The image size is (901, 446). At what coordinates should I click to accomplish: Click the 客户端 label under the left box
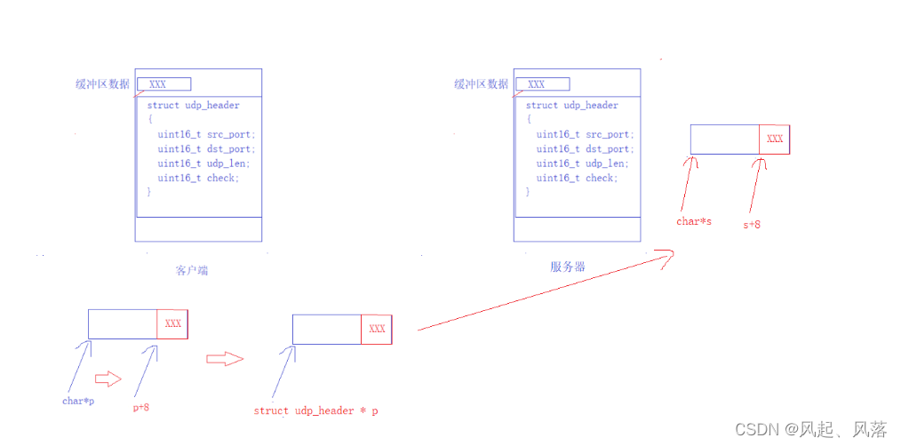[x=191, y=270]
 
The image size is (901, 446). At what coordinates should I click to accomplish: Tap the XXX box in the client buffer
[x=164, y=84]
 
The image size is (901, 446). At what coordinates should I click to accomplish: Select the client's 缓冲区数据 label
[x=102, y=84]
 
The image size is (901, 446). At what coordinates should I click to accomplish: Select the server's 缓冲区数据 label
[x=481, y=84]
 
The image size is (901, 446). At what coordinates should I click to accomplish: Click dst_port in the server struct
[x=609, y=149]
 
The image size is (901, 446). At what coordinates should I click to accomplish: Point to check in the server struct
[x=601, y=178]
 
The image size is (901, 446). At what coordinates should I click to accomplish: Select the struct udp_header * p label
[x=316, y=410]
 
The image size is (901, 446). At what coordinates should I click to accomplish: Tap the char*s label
[x=693, y=221]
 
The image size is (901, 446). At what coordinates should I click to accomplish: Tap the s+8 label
[x=752, y=225]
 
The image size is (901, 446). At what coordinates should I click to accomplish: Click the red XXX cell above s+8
[x=774, y=139]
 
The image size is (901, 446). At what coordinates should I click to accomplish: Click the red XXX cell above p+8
[x=172, y=323]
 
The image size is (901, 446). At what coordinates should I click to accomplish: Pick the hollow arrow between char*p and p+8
[x=108, y=378]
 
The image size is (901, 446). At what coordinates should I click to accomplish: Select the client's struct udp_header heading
[x=194, y=105]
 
